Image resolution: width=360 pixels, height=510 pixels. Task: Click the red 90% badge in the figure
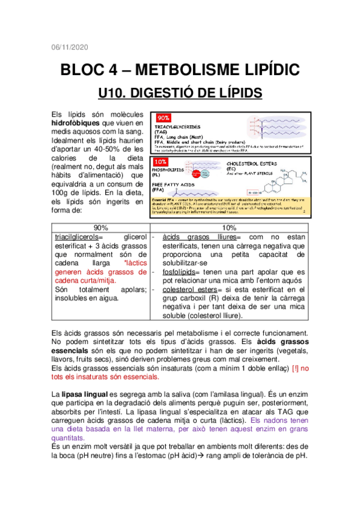[162, 118]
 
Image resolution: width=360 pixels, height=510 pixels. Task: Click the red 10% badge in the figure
[161, 162]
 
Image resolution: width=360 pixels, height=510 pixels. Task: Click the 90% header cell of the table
[100, 228]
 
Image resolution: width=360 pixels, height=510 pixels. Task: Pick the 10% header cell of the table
[228, 228]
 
